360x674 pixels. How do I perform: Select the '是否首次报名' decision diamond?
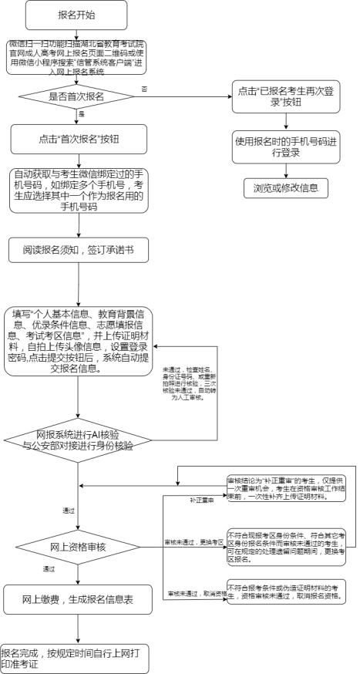[x=78, y=97]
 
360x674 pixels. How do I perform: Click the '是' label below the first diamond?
[x=81, y=114]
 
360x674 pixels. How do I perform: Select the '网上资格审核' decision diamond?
[x=78, y=546]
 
